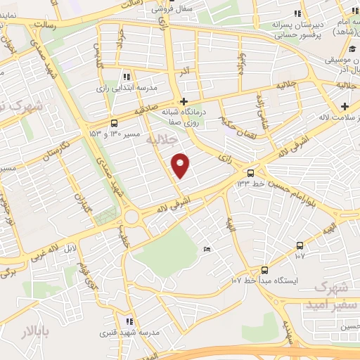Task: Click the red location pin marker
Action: pyautogui.click(x=181, y=165)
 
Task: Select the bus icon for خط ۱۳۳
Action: pyautogui.click(x=251, y=172)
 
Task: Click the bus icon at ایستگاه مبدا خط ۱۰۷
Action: pyautogui.click(x=264, y=269)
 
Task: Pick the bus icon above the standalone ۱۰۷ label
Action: pyautogui.click(x=300, y=245)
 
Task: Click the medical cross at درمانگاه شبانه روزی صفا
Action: pyautogui.click(x=184, y=101)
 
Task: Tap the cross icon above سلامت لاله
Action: pyautogui.click(x=345, y=107)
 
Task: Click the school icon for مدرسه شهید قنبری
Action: pyautogui.click(x=127, y=321)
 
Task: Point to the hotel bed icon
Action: pyautogui.click(x=206, y=250)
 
